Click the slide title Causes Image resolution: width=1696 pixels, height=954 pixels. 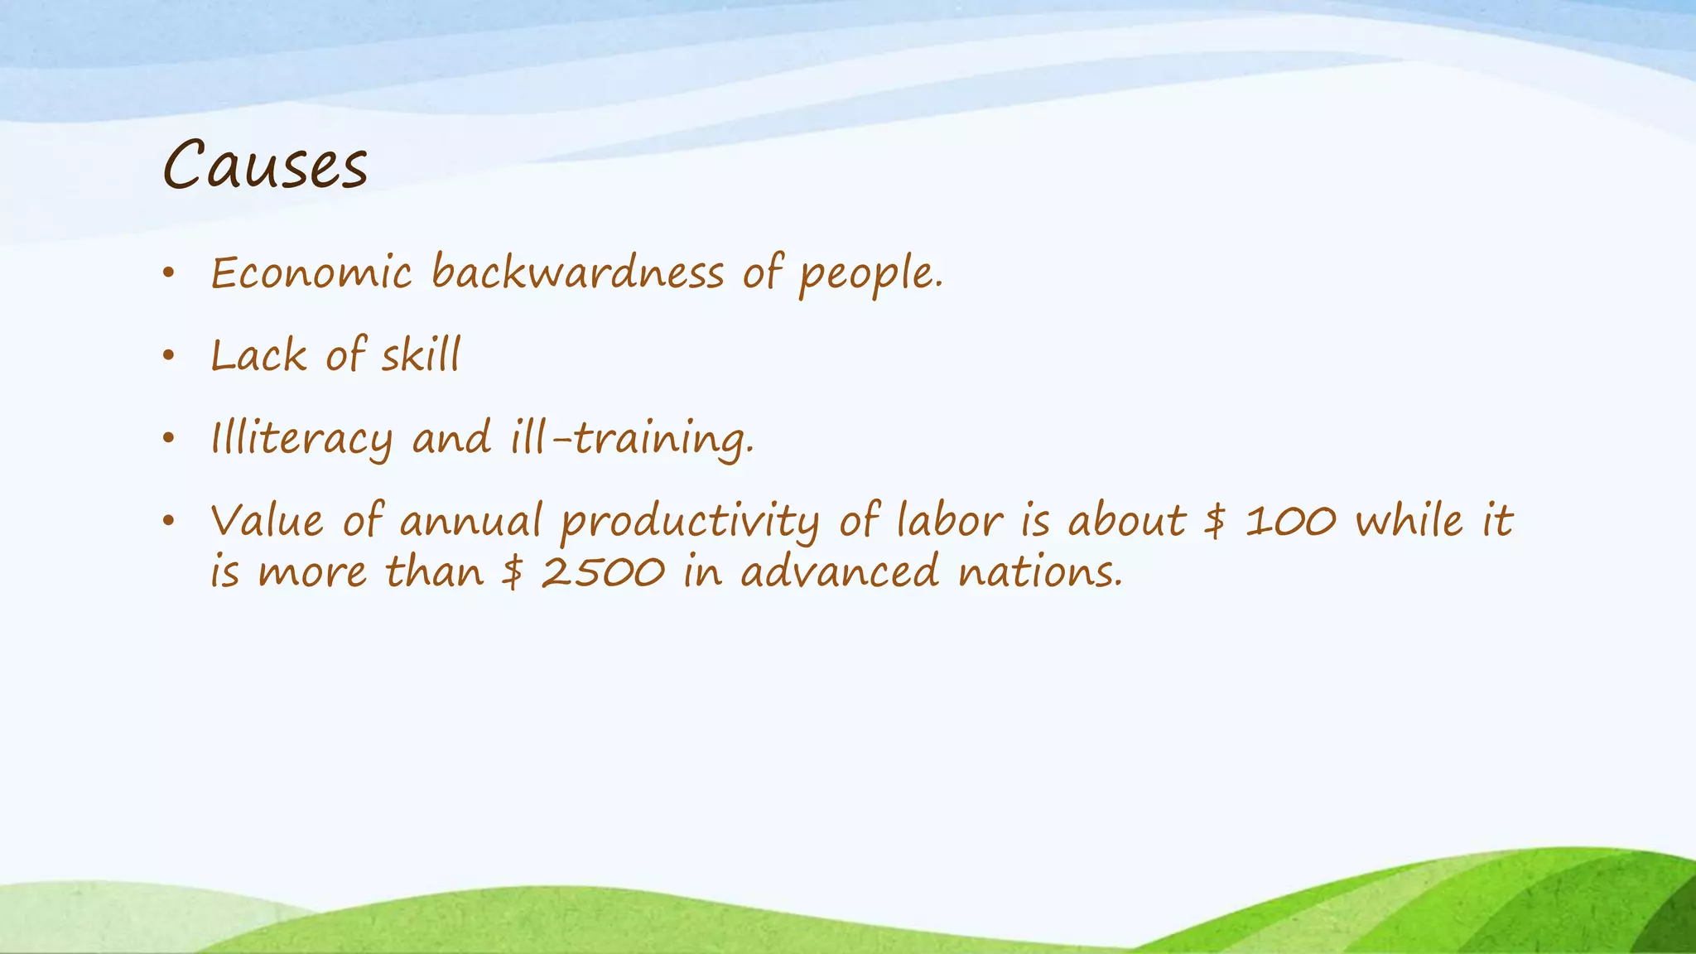pyautogui.click(x=265, y=165)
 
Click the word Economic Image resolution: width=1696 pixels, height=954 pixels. pyautogui.click(x=311, y=273)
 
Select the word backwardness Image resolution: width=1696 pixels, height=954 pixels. pyautogui.click(x=577, y=273)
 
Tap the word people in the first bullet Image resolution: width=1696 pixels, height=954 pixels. pyautogui.click(x=870, y=275)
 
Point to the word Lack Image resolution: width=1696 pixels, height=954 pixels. pyautogui.click(x=258, y=356)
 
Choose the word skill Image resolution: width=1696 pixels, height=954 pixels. pyautogui.click(x=420, y=356)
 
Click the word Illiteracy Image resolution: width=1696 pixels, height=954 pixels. pyautogui.click(x=301, y=439)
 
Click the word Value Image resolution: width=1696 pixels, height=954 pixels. pyautogui.click(x=267, y=522)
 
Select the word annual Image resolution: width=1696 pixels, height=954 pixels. pyautogui.click(x=470, y=522)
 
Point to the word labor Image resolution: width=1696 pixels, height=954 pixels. pyautogui.click(x=950, y=522)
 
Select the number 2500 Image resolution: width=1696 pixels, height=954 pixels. pyautogui.click(x=602, y=572)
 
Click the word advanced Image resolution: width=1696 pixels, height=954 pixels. pyautogui.click(x=840, y=572)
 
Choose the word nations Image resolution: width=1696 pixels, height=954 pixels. pyautogui.click(x=1040, y=572)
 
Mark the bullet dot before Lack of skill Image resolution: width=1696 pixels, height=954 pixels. pyautogui.click(x=169, y=356)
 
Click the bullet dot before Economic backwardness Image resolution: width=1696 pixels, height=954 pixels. pyautogui.click(x=169, y=273)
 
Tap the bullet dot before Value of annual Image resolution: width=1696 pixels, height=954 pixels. pyautogui.click(x=169, y=522)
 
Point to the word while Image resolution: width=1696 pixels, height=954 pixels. pyautogui.click(x=1409, y=522)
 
